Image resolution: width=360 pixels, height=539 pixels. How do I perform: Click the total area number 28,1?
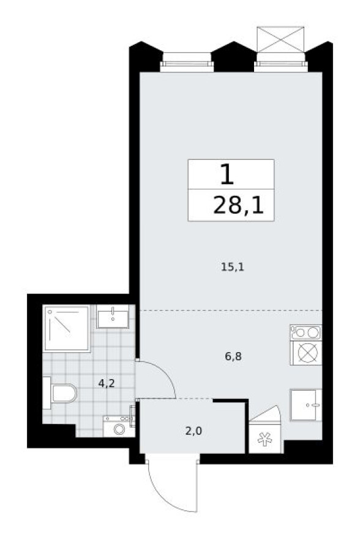tap(230, 206)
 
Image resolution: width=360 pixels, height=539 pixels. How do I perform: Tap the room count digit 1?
tap(227, 175)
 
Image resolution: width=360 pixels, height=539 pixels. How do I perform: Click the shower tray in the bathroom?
tap(67, 329)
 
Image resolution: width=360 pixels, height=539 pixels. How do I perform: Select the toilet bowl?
tap(62, 393)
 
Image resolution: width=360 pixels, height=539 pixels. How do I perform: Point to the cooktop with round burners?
tap(306, 333)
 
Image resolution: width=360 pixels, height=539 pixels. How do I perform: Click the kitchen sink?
tap(306, 405)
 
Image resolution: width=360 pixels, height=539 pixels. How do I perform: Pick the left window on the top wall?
tap(186, 61)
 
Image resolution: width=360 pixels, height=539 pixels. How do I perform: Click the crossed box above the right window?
tap(280, 40)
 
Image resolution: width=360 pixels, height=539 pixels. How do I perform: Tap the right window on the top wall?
tap(280, 61)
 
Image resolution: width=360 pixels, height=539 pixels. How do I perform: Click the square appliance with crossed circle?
tap(306, 353)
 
